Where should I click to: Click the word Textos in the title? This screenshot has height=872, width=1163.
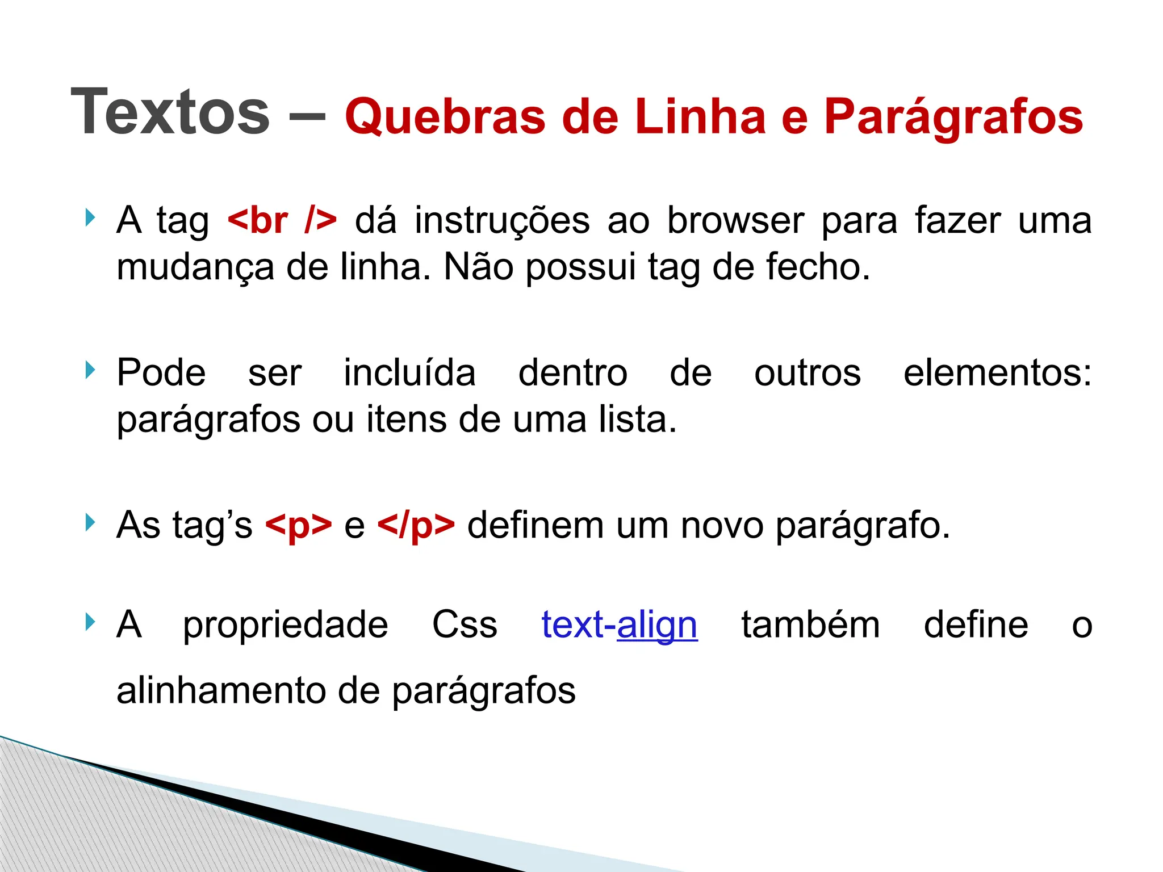point(170,112)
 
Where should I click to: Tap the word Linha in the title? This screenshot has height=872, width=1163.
point(701,116)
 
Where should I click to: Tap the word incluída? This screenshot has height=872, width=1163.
point(409,373)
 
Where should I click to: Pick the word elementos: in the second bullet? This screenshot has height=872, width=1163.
point(997,373)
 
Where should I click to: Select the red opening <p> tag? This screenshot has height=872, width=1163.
point(298,525)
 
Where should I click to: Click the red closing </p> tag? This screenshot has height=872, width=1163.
point(416,525)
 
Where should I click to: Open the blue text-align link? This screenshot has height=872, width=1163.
point(619,624)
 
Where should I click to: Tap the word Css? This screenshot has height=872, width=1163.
point(465,624)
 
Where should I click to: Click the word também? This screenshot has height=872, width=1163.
point(810,624)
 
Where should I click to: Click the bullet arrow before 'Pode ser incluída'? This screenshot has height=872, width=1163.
point(90,370)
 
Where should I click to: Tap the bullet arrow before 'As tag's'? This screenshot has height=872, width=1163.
point(90,522)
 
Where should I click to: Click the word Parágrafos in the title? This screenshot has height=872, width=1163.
point(953,116)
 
